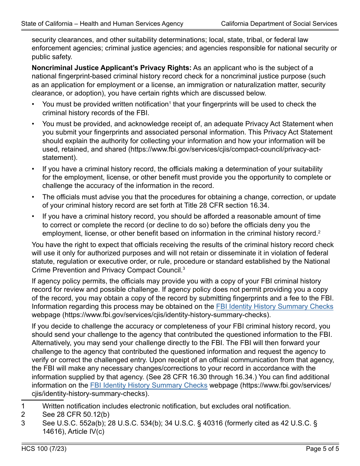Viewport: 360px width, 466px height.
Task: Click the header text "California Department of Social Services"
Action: (x=279, y=23)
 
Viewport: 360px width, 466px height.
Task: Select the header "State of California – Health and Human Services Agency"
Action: (x=102, y=23)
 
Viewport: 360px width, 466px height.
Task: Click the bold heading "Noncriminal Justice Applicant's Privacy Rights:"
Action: (x=111, y=68)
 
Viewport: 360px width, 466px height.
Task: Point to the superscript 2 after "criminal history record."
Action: (x=319, y=231)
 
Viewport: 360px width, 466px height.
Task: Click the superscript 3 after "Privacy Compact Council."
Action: (x=184, y=269)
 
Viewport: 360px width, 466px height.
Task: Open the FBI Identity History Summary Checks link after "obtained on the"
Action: (x=274, y=306)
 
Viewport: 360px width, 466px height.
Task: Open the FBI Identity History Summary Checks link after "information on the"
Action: (x=149, y=385)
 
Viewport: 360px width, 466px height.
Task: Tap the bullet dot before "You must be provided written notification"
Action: (x=33, y=104)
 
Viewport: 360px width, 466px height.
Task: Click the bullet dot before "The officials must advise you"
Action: (x=33, y=197)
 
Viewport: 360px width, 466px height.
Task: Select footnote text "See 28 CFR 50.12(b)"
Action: (x=76, y=414)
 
